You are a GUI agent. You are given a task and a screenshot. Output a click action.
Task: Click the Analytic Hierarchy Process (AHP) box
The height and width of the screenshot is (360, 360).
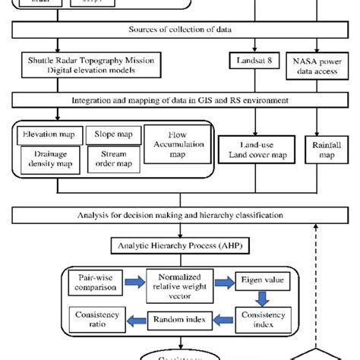180,246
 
